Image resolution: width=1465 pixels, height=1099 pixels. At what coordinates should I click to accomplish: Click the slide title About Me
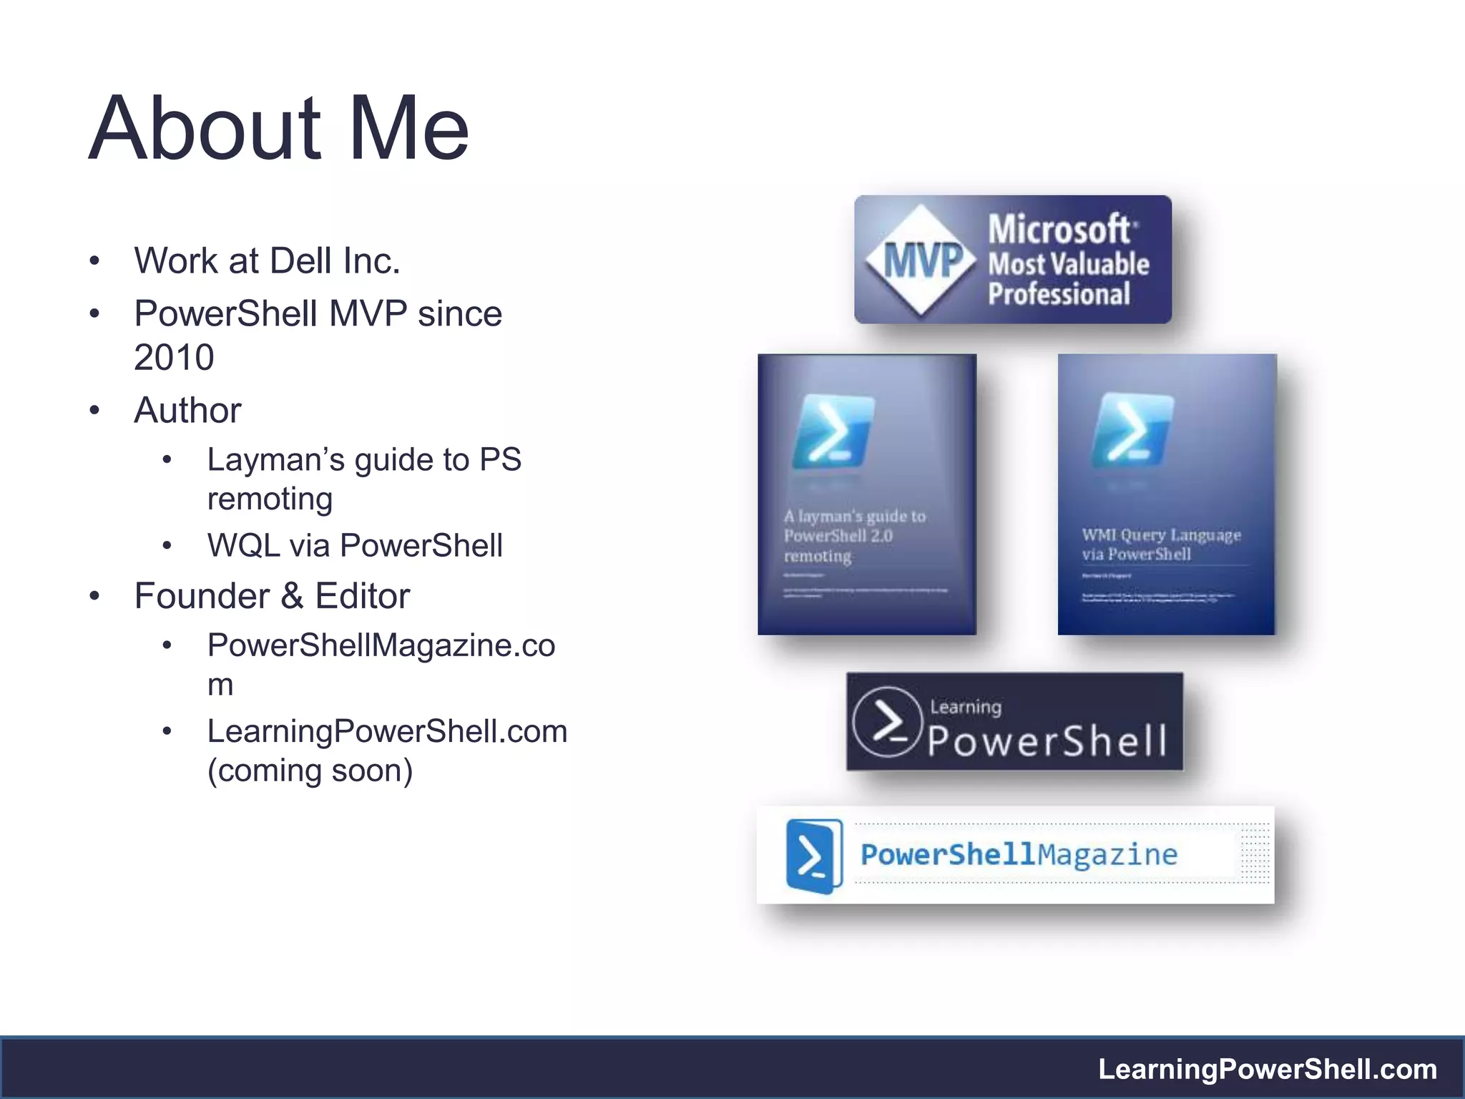[279, 129]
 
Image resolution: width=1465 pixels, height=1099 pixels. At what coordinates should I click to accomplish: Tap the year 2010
[174, 358]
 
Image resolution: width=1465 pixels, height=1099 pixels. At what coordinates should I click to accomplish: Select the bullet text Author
[187, 411]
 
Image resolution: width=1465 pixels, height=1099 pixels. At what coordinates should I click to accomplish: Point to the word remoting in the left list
[270, 499]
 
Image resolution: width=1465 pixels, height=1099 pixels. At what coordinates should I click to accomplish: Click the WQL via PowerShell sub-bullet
[355, 546]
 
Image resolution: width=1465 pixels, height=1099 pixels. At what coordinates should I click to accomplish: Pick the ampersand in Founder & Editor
[291, 597]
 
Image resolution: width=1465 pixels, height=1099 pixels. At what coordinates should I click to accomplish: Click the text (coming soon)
[310, 771]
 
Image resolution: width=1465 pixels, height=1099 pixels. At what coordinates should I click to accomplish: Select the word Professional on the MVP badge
[1059, 295]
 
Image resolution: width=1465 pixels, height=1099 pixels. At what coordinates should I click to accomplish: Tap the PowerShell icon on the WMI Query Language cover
[1132, 429]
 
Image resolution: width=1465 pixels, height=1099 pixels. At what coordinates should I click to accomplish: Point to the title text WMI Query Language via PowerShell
[1160, 544]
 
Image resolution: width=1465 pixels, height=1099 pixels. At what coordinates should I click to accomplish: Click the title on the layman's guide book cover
[854, 536]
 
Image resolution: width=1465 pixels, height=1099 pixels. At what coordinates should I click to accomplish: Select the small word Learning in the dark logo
[966, 707]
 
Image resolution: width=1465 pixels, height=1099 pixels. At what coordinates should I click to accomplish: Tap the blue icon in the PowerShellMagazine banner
[814, 856]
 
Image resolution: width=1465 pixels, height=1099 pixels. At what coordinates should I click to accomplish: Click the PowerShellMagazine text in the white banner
[1019, 855]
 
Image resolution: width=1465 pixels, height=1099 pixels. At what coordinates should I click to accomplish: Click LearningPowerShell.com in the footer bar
[1268, 1070]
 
